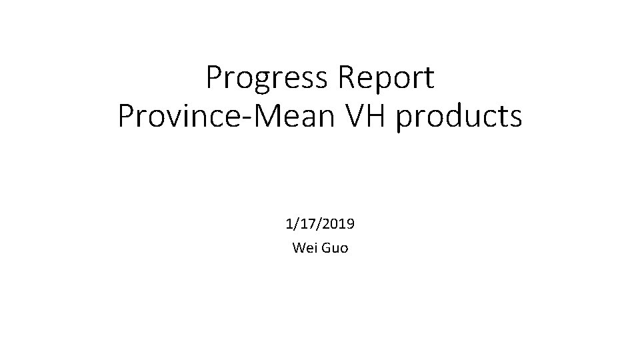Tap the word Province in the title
(x=176, y=116)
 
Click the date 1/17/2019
(x=320, y=225)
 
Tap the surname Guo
(x=335, y=249)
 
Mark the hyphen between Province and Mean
(x=239, y=119)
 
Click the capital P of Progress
(x=215, y=78)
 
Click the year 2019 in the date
(x=339, y=225)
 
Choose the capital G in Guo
(x=326, y=249)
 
